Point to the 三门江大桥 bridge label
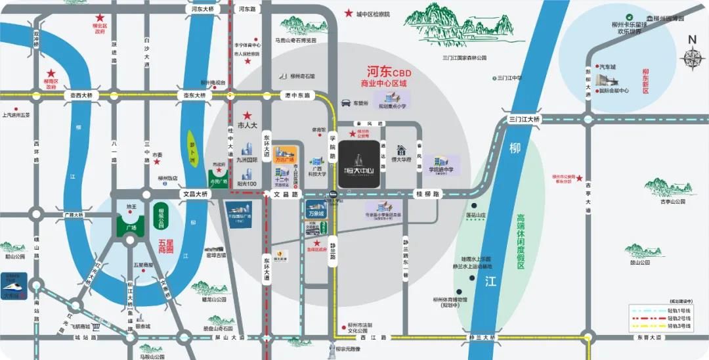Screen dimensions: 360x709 pyautogui.click(x=524, y=119)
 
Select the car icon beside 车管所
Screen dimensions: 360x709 pyautogui.click(x=345, y=103)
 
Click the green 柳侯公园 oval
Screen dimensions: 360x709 pyautogui.click(x=161, y=215)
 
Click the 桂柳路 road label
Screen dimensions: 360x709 pyautogui.click(x=428, y=194)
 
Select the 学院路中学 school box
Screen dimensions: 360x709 pyautogui.click(x=441, y=165)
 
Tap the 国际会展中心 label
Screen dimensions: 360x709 pyautogui.click(x=614, y=91)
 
